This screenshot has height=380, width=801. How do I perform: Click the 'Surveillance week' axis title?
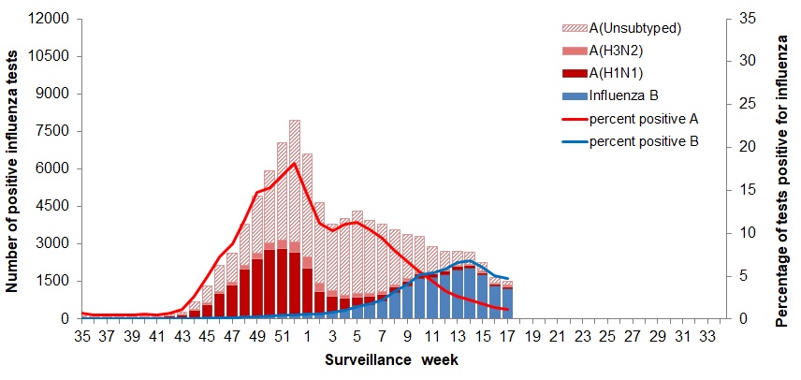click(x=392, y=359)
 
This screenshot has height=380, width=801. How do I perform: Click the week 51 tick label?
click(x=282, y=337)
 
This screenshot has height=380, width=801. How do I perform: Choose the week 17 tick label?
click(x=506, y=337)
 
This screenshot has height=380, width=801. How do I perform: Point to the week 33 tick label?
click(x=712, y=337)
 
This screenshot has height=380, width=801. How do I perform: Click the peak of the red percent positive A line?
click(x=295, y=164)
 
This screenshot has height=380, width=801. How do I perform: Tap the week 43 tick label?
click(x=181, y=337)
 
